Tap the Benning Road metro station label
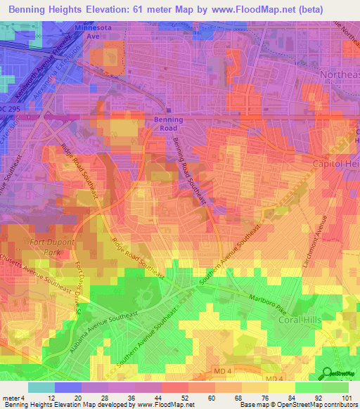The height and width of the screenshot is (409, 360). [x=168, y=124]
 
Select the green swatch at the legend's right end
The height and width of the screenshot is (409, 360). [x=335, y=387]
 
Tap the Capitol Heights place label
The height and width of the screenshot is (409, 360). [x=336, y=163]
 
